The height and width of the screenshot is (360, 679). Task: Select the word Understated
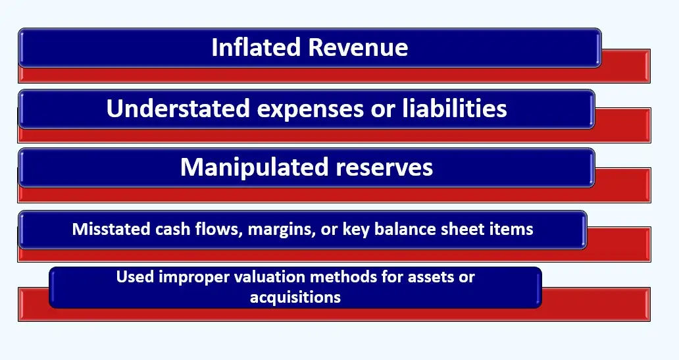click(x=178, y=109)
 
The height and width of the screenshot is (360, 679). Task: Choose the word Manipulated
click(x=253, y=167)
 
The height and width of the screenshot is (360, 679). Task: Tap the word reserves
click(x=384, y=167)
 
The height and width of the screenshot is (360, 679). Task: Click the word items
click(x=513, y=229)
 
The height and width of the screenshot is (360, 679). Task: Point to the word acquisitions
click(x=295, y=297)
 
